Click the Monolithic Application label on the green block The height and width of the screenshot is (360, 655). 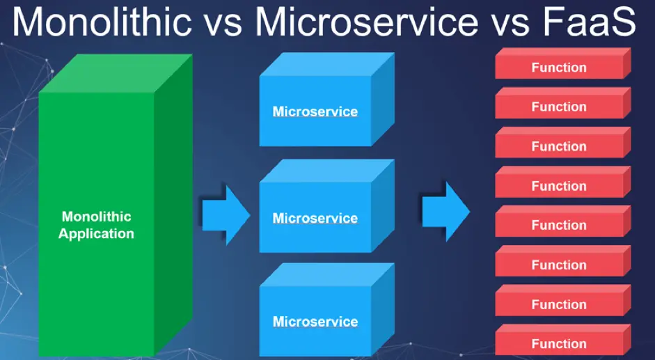click(96, 226)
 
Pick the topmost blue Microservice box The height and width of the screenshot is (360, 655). click(315, 111)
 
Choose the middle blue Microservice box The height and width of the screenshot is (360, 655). click(315, 218)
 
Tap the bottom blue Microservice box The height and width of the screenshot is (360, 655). click(315, 322)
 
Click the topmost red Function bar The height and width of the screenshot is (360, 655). click(559, 68)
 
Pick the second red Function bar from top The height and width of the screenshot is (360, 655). click(559, 107)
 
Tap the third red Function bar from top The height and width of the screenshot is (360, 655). click(559, 146)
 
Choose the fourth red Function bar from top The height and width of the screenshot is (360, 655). click(559, 186)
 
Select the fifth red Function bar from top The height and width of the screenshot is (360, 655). click(559, 225)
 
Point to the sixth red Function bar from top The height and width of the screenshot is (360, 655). click(559, 265)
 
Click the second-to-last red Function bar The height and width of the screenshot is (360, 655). click(559, 304)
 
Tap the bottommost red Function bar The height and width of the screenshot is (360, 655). click(559, 344)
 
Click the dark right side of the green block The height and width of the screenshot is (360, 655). click(172, 209)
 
